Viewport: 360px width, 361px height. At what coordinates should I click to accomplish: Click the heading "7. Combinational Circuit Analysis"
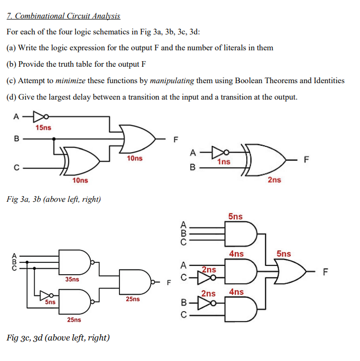63,16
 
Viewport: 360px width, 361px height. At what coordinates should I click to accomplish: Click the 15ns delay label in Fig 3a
43,127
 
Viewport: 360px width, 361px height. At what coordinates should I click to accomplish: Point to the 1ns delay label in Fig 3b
224,162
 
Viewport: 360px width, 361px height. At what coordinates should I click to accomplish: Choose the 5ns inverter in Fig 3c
47,296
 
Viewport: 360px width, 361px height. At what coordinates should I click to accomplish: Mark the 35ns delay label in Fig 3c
72,279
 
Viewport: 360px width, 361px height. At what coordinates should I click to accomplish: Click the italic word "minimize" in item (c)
71,81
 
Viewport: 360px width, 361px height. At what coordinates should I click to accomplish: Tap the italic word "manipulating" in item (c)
172,81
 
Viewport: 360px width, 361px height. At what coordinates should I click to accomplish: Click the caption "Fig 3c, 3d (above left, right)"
58,337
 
